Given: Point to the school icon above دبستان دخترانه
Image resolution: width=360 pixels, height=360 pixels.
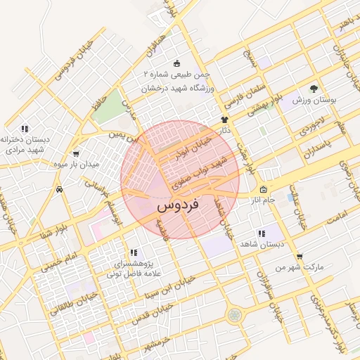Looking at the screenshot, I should [x=25, y=129].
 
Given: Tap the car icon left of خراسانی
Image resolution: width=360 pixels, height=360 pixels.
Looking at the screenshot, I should [x=60, y=189].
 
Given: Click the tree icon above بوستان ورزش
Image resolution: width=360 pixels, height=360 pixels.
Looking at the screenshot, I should [x=314, y=89].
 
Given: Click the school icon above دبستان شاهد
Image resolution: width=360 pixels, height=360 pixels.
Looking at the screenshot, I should [x=262, y=233].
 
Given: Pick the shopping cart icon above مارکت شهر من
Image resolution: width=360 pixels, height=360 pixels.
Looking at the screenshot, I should [x=300, y=256].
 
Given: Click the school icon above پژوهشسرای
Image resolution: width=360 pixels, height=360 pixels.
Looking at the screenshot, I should [x=133, y=252].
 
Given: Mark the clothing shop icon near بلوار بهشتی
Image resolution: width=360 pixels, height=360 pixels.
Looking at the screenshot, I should [x=224, y=120].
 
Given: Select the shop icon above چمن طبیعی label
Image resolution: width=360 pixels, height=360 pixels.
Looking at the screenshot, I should [x=175, y=63].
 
